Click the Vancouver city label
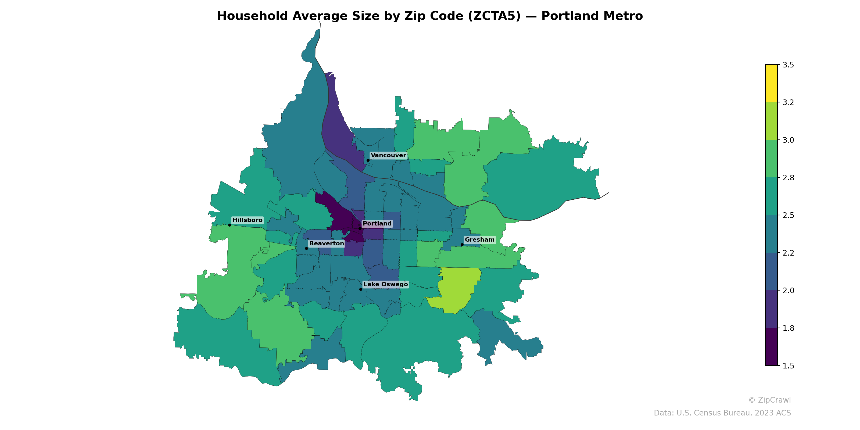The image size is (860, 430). [388, 155]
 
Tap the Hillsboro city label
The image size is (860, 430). [247, 220]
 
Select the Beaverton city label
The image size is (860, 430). [327, 243]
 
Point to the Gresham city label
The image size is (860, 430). [479, 240]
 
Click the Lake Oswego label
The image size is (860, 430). [386, 284]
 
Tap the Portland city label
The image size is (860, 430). [377, 224]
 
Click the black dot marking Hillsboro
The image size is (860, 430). [229, 225]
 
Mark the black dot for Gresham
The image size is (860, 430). [462, 245]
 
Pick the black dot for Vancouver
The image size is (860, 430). [368, 160]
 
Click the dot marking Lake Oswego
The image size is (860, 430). [361, 289]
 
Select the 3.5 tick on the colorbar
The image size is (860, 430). [788, 65]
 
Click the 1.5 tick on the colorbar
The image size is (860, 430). [788, 366]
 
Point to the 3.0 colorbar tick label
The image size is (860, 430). [788, 140]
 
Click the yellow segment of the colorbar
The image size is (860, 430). [771, 83]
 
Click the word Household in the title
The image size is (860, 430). [252, 16]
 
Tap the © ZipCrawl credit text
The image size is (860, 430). [769, 400]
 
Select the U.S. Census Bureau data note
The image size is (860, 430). [722, 413]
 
